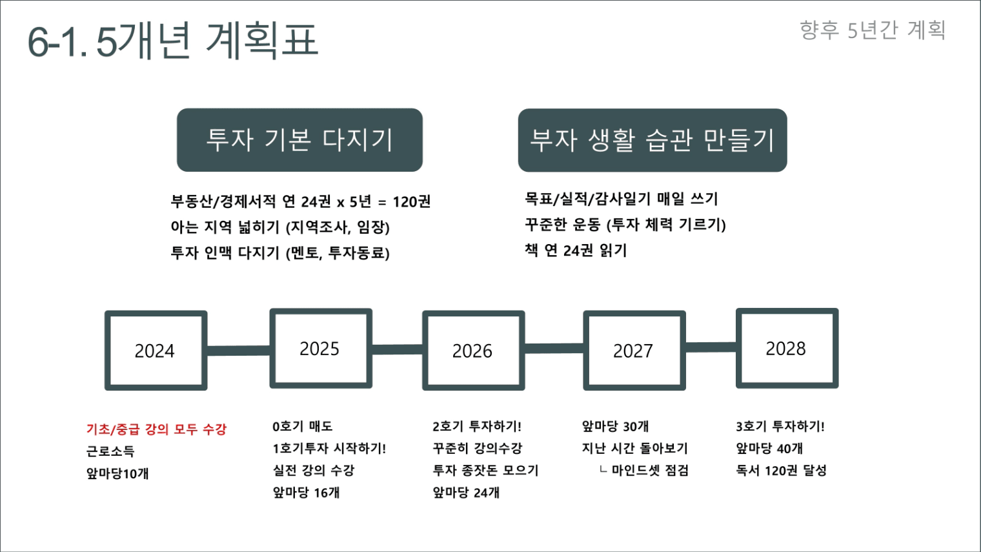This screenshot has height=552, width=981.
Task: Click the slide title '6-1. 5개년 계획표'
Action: (172, 40)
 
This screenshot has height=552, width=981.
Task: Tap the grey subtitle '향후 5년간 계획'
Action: (873, 30)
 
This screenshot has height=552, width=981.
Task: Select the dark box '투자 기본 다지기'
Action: (299, 139)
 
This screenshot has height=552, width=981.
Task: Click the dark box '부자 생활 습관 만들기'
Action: (652, 140)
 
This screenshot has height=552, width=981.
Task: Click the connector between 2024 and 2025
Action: (239, 351)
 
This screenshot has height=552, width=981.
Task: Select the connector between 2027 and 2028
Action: (711, 347)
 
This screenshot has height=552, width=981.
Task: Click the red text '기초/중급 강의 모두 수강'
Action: (156, 429)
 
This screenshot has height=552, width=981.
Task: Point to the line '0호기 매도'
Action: (302, 426)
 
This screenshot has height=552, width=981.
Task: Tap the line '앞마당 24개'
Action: (466, 493)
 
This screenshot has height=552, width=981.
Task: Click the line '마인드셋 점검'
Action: (650, 470)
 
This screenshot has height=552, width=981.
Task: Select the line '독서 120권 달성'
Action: (781, 470)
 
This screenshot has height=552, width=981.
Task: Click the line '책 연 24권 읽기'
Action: (576, 250)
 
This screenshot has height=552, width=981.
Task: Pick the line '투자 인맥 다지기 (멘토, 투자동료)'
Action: (280, 253)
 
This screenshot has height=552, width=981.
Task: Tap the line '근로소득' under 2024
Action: (110, 451)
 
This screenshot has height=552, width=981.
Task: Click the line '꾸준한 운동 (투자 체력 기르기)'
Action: (625, 225)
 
